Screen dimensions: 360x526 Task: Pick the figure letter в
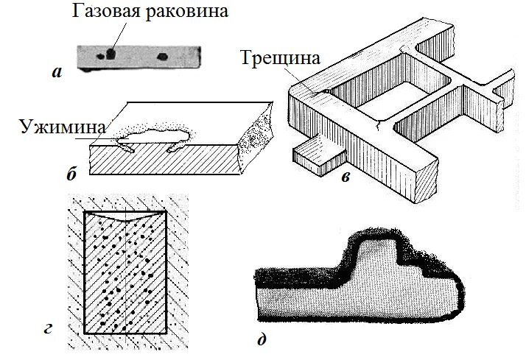point(346,175)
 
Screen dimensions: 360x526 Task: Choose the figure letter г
point(48,328)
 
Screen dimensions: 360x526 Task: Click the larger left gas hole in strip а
point(108,53)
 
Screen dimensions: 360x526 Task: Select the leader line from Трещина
point(306,81)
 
